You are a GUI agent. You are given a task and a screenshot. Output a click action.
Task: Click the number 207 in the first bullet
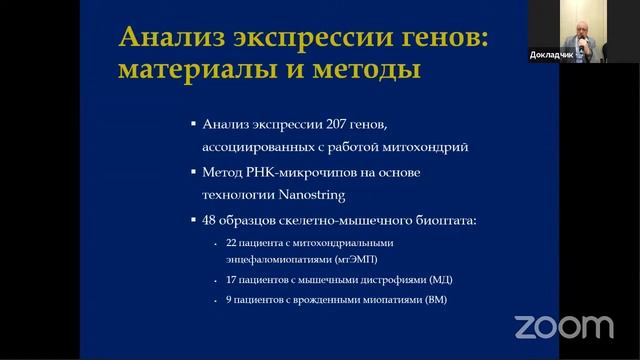(x=325, y=125)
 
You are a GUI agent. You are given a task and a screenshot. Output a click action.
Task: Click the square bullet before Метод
(x=194, y=172)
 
